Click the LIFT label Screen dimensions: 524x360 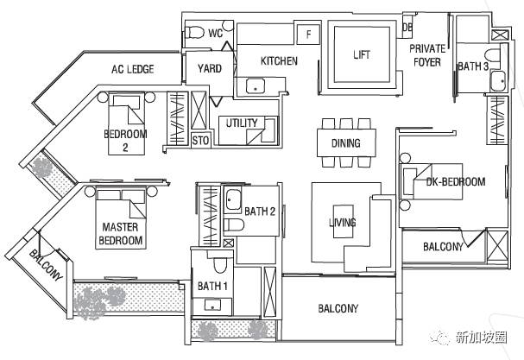[x=362, y=54]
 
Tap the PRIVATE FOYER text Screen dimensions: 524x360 [x=427, y=55]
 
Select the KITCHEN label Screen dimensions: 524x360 [x=279, y=60]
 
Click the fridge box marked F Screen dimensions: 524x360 [x=308, y=34]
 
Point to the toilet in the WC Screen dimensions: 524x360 [x=195, y=33]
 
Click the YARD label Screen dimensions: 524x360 [x=210, y=68]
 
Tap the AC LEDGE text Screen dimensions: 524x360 [x=133, y=69]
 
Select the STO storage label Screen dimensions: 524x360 [x=200, y=141]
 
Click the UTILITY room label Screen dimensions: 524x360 [x=242, y=123]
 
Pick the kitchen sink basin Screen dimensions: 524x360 [x=256, y=85]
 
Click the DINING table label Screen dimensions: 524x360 [x=346, y=143]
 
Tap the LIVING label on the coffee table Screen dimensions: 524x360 [x=343, y=222]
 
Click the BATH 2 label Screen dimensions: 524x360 [x=260, y=212]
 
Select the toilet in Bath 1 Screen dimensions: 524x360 [x=219, y=264]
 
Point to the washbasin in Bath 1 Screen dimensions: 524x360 [x=212, y=305]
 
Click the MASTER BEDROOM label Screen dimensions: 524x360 [x=120, y=234]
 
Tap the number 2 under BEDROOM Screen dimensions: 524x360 [x=125, y=148]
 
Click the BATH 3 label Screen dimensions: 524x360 [x=473, y=66]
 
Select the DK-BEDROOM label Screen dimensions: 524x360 [x=456, y=182]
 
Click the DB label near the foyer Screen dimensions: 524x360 [x=407, y=28]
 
